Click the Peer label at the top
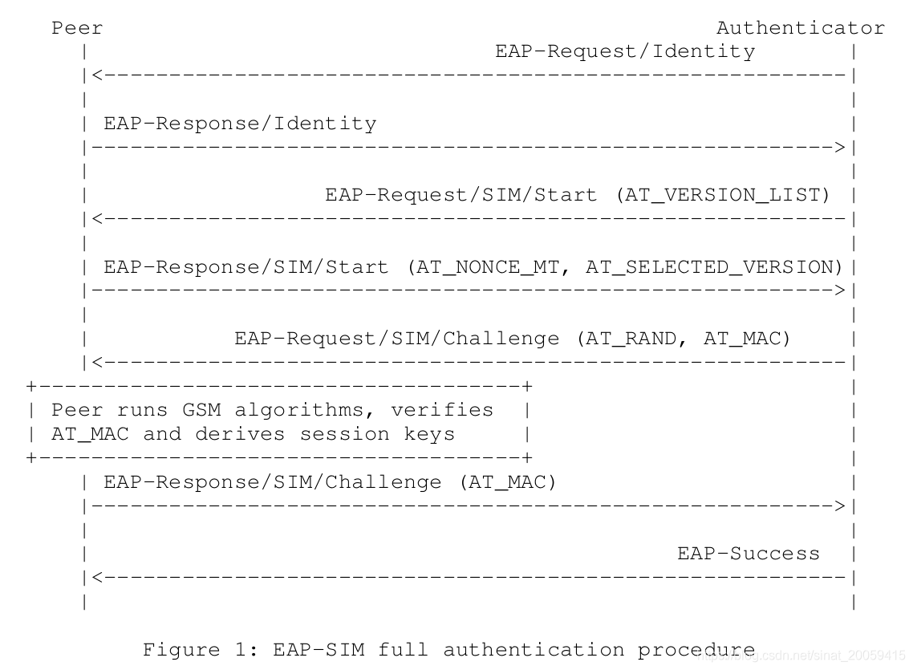[77, 28]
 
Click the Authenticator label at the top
[800, 28]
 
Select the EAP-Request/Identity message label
[625, 52]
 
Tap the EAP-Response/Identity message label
[240, 124]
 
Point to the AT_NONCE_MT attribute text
[489, 267]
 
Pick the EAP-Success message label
[749, 554]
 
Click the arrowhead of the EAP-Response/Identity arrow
[839, 148]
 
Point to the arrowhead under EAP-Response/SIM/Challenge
[839, 506]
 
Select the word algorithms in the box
[306, 410]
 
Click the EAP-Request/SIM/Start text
[461, 195]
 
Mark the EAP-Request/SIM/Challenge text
[396, 339]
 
